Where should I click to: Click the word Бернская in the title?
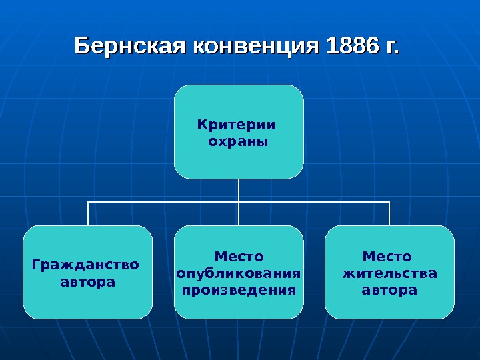pos(131,47)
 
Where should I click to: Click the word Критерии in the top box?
pos(237,124)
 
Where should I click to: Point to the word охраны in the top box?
pos(238,141)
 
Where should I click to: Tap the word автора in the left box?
pos(87,282)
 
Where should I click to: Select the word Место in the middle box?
pos(239,256)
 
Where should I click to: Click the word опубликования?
pos(239,273)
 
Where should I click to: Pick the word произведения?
pos(239,291)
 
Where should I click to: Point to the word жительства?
pos(389,273)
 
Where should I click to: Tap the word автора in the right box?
pos(389,291)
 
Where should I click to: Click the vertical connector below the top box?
pos(239,190)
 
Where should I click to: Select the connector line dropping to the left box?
pos(88,213)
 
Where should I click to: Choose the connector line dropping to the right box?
pos(389,213)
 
